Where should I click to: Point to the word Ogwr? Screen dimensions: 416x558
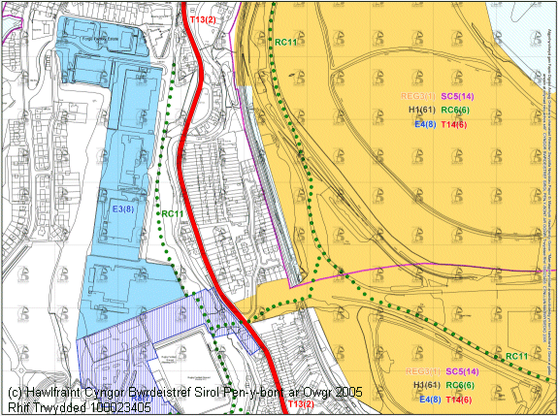coord(306,393)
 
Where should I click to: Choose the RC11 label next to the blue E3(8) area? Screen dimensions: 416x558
coord(174,213)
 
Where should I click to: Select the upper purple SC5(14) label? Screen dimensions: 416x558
coord(457,97)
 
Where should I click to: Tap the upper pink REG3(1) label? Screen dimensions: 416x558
coord(419,97)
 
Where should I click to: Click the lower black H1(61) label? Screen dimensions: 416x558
coord(426,386)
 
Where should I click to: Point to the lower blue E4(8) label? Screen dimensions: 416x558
coord(426,399)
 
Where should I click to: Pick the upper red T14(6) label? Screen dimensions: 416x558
coord(454,125)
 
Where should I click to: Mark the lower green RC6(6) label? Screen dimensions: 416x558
coord(460,386)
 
